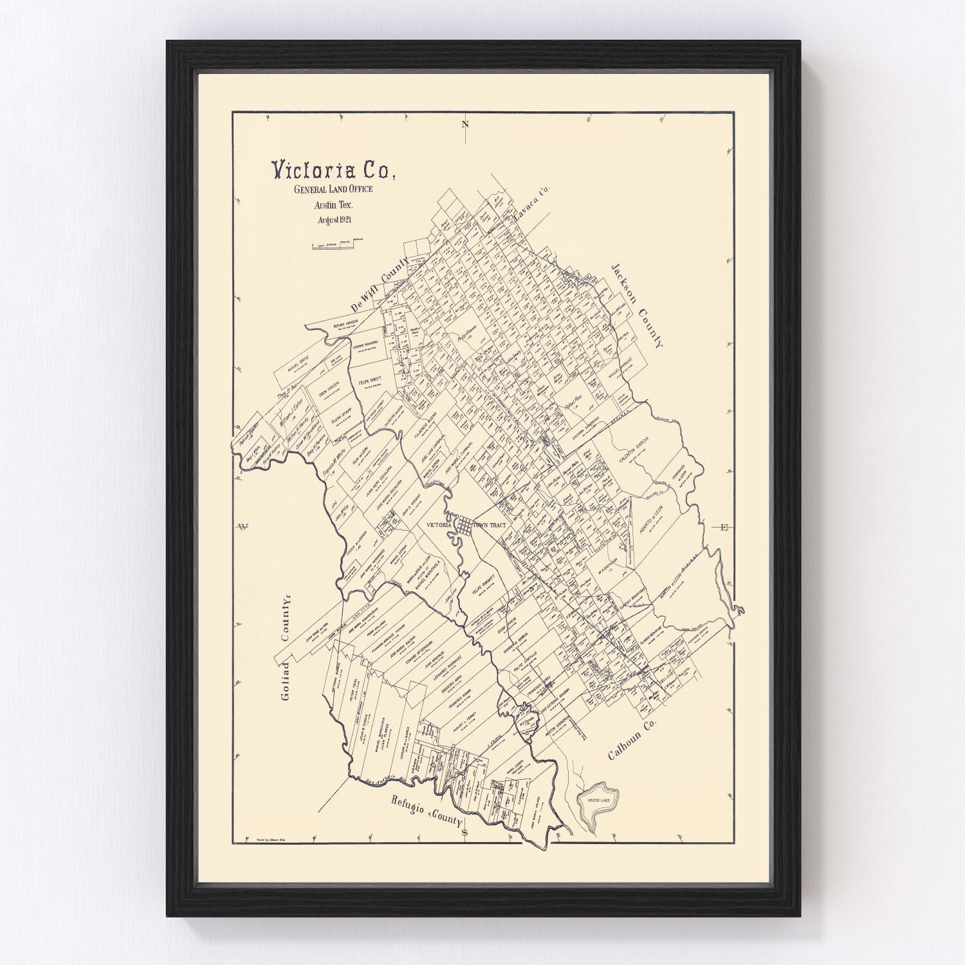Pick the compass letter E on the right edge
[724, 528]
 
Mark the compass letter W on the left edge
[243, 528]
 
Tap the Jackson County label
[636, 306]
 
